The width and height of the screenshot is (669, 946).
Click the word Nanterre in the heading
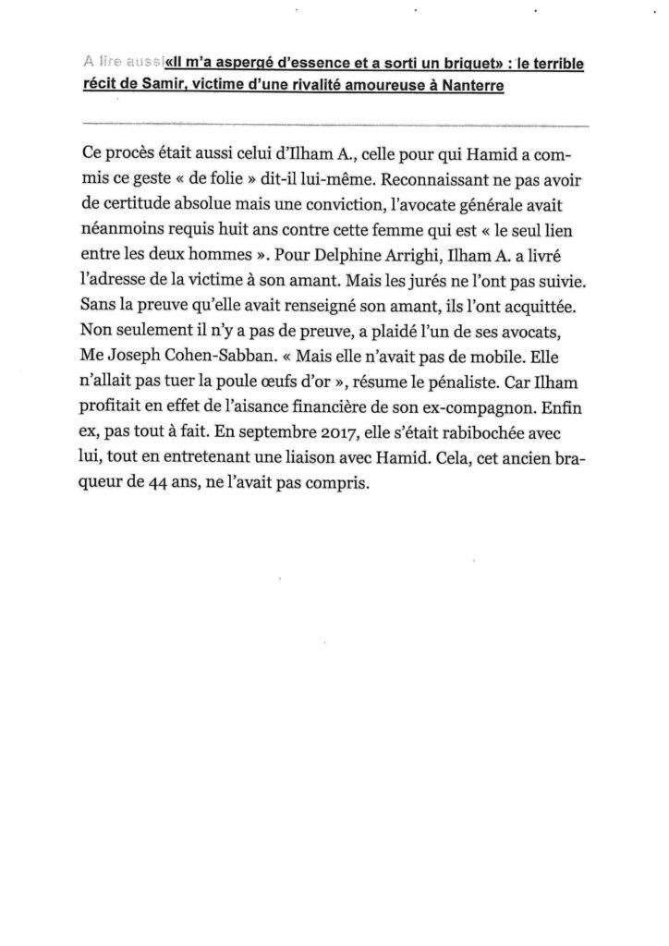(x=549, y=86)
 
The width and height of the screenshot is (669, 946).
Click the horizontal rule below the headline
(x=334, y=123)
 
